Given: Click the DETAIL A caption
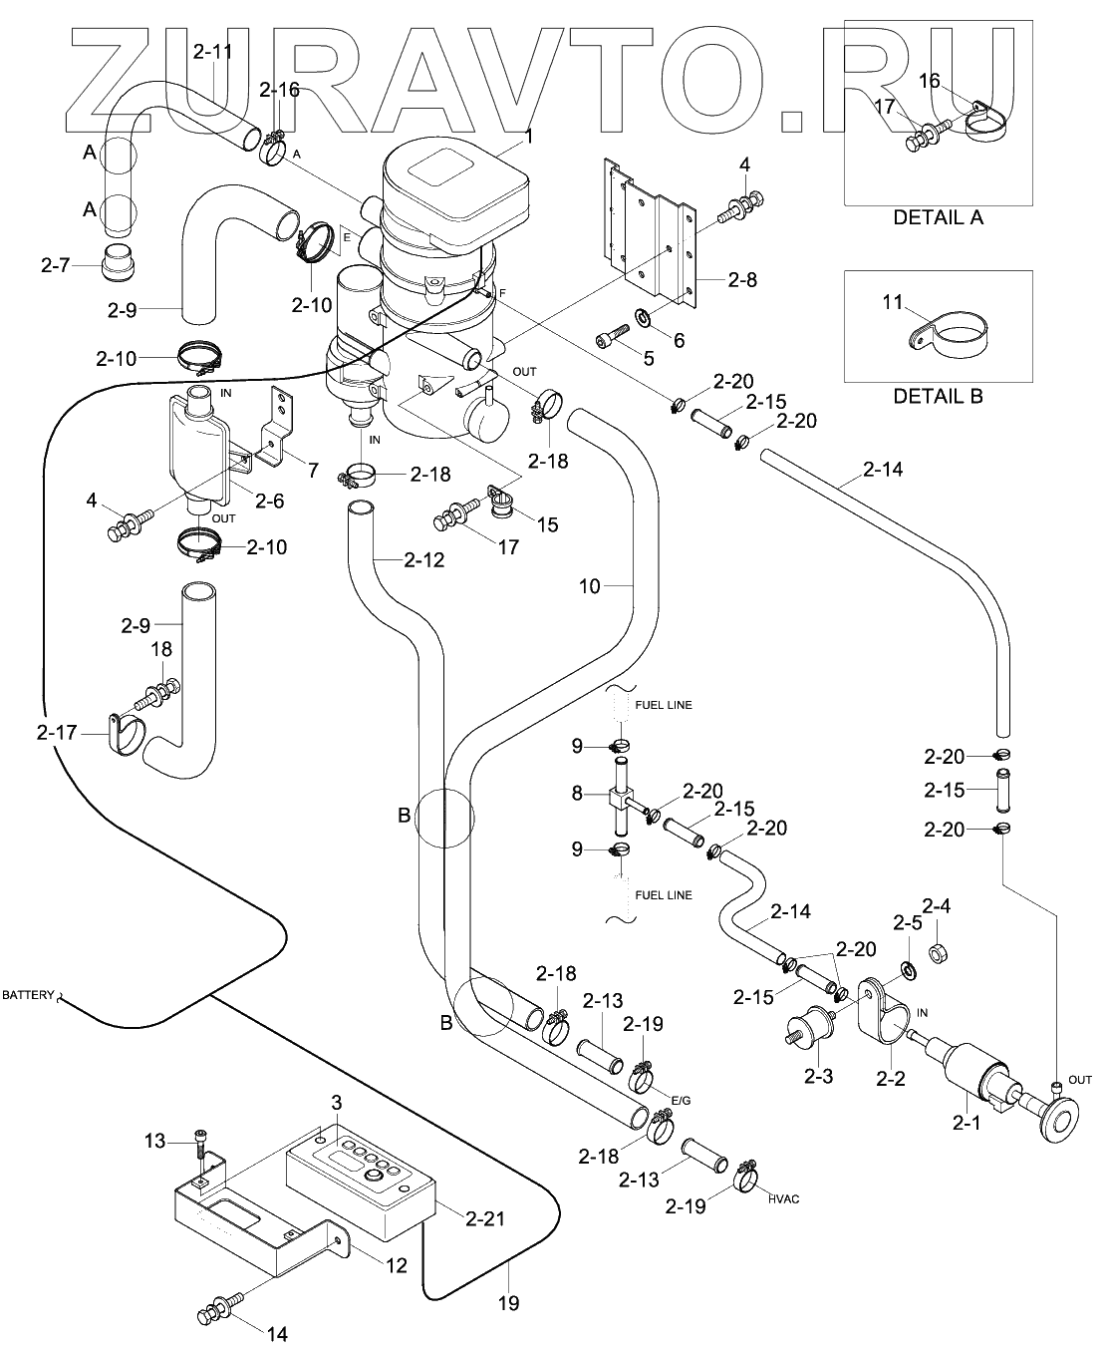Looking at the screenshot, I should (938, 217).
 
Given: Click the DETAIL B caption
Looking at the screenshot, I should (938, 396).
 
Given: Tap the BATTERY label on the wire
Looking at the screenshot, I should (28, 995).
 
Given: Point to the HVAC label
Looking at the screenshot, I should (783, 1199).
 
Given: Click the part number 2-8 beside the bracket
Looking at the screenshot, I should (741, 280).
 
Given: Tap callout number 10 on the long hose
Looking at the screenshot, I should (590, 586).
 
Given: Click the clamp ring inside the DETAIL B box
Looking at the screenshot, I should (952, 332).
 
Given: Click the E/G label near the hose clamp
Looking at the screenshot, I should (681, 1100).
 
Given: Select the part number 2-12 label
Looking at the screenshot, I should (423, 560).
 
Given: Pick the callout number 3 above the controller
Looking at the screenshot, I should (337, 1102).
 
